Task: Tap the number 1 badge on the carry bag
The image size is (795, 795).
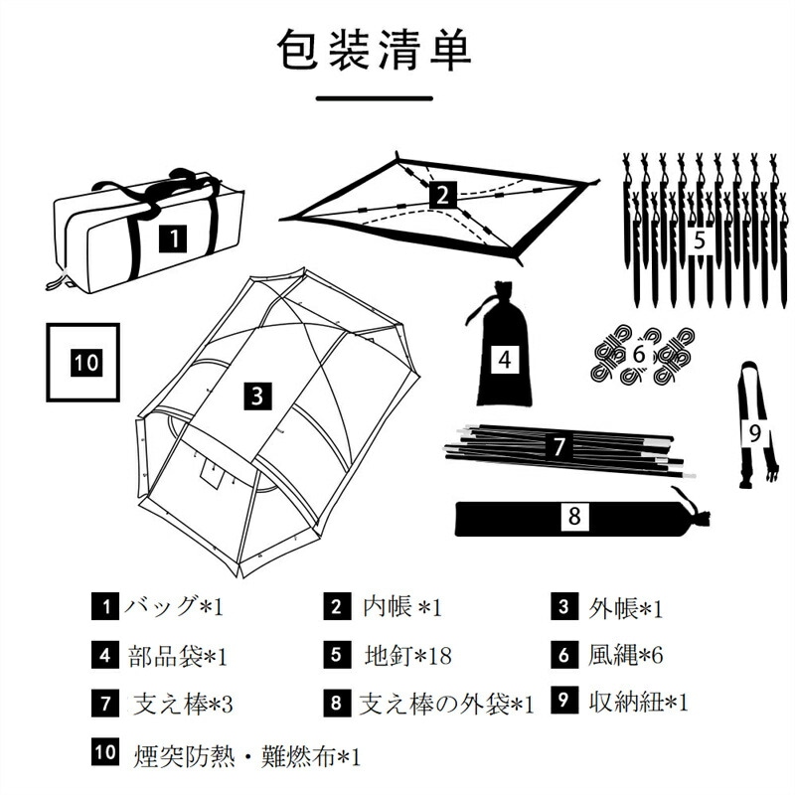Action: pyautogui.click(x=173, y=238)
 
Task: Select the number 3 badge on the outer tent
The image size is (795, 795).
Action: pyautogui.click(x=256, y=397)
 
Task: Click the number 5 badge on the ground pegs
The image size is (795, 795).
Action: pyautogui.click(x=700, y=239)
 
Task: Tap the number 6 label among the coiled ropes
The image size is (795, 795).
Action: pyautogui.click(x=639, y=354)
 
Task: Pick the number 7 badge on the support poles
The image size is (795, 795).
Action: pyautogui.click(x=559, y=446)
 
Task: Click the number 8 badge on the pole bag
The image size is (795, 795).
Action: pyautogui.click(x=575, y=517)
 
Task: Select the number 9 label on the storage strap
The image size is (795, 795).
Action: pyautogui.click(x=754, y=432)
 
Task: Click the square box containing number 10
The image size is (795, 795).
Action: pyautogui.click(x=82, y=362)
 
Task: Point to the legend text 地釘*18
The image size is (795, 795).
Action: pyautogui.click(x=408, y=655)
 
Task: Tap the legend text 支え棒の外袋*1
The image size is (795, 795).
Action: pyautogui.click(x=446, y=705)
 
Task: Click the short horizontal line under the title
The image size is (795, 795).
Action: pyautogui.click(x=374, y=98)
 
